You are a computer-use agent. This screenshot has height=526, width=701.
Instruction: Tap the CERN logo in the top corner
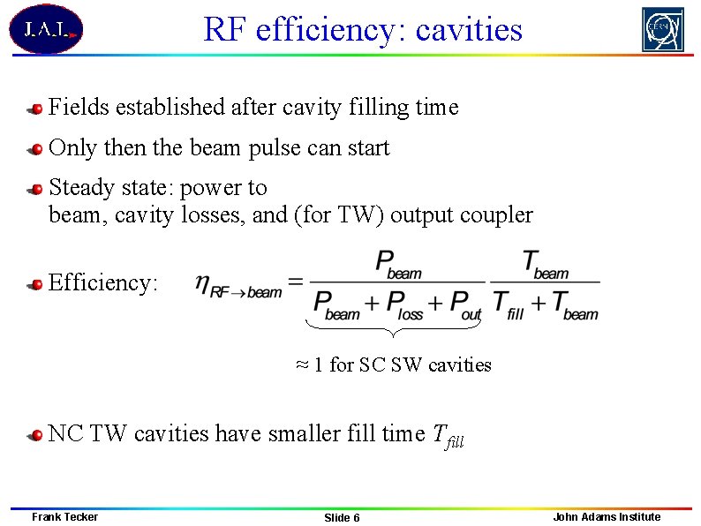[x=662, y=29]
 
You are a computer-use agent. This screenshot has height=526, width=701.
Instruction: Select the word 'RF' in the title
[x=222, y=30]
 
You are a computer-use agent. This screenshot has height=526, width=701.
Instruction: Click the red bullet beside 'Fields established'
[x=35, y=109]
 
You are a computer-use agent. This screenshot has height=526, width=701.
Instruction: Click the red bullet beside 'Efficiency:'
[x=35, y=284]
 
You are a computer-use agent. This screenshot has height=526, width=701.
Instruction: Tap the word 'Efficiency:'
[x=103, y=282]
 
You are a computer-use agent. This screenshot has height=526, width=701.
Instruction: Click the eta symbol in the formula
[x=202, y=284]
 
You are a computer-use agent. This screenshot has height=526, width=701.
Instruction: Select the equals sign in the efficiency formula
[x=295, y=282]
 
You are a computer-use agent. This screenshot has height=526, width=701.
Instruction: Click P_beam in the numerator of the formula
[x=398, y=263]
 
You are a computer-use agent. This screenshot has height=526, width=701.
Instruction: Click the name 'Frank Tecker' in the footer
[x=64, y=516]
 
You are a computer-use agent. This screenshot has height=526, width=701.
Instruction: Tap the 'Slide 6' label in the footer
[x=342, y=517]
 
